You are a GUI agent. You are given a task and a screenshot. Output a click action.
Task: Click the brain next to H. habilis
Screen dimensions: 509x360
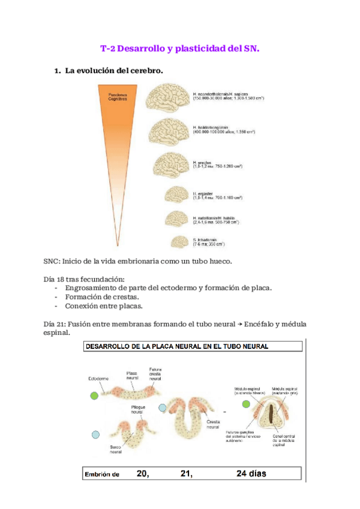(x=178, y=218)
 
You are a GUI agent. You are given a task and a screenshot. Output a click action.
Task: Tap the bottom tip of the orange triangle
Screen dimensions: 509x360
(x=130, y=247)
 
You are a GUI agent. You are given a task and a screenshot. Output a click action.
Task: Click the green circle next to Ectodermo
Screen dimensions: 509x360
(x=93, y=396)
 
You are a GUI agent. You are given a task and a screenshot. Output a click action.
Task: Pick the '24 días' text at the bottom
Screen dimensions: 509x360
(x=251, y=474)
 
